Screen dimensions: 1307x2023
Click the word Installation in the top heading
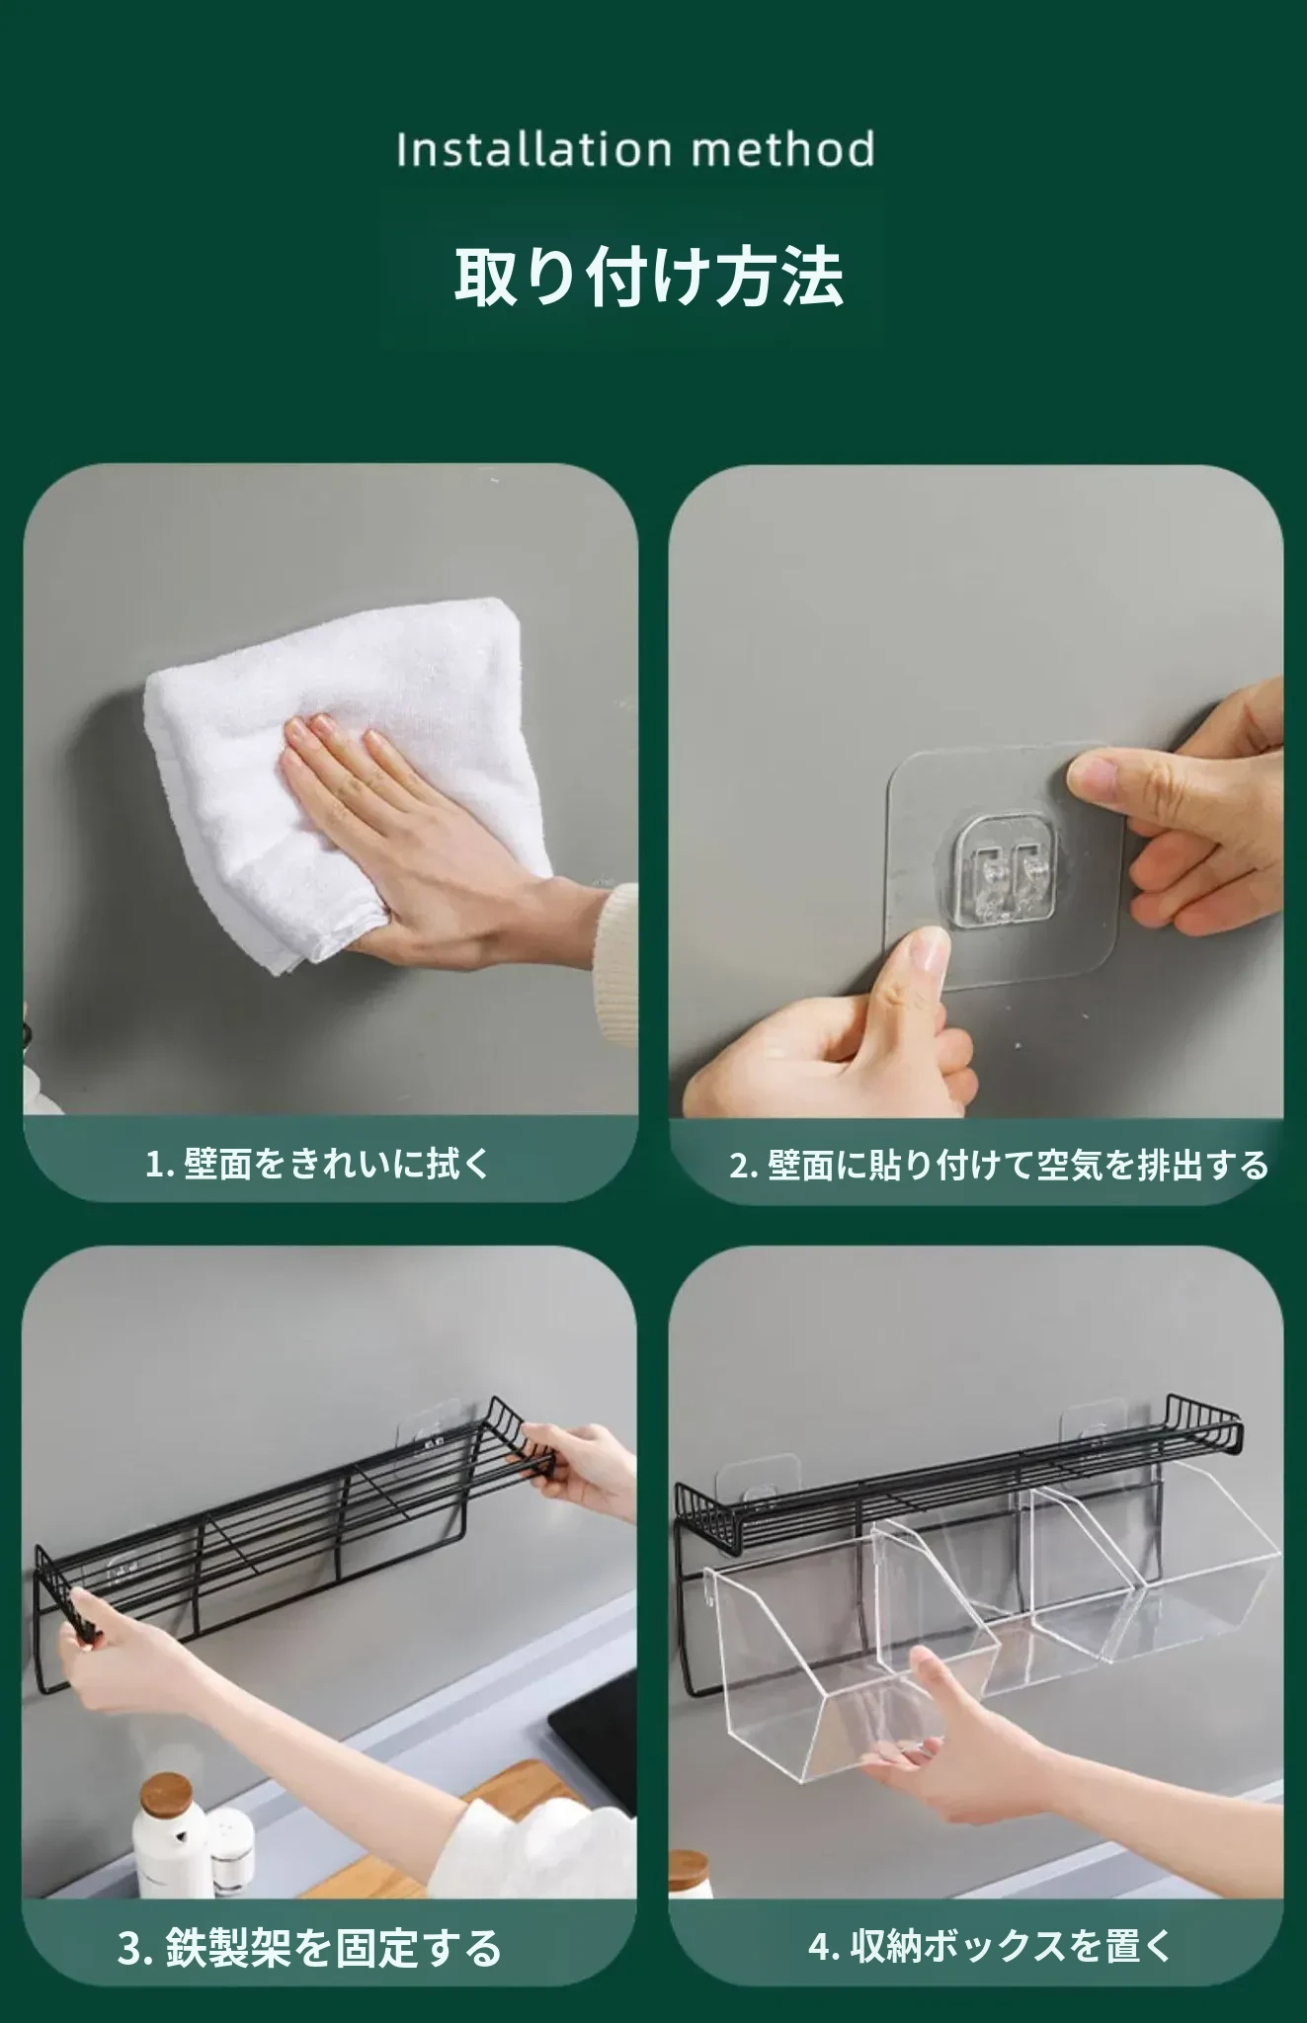pos(533,149)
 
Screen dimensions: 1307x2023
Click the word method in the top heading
pos(783,149)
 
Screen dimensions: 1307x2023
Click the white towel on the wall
pos(346,780)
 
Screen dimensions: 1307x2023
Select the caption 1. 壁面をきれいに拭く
pos(318,1163)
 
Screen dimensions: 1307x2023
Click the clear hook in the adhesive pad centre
pos(1006,874)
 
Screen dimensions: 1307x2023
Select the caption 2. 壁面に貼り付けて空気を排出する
pos(999,1166)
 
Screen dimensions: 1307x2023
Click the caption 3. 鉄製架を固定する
pos(310,1949)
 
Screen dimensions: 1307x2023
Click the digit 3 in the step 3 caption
pos(129,1949)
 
